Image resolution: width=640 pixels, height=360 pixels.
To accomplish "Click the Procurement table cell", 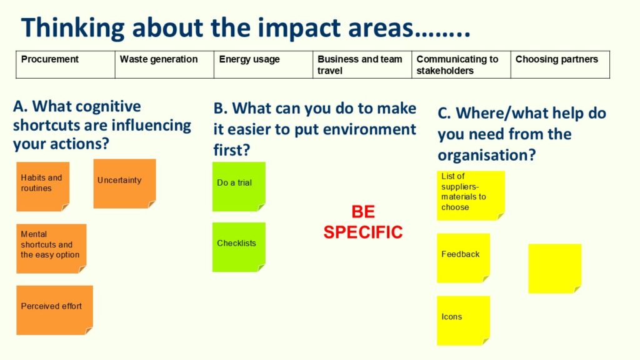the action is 65,64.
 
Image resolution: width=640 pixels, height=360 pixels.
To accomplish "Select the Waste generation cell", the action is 164,64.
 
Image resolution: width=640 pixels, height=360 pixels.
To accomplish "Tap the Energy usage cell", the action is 263,64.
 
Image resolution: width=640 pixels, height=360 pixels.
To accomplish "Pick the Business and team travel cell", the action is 362,64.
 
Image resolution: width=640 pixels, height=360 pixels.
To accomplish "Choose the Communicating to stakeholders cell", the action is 461,64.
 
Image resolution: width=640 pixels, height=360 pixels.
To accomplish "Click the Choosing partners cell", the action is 561,64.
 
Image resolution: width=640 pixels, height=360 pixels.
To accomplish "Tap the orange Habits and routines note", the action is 43,186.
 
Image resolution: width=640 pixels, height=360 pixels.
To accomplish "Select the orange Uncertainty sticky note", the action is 124,184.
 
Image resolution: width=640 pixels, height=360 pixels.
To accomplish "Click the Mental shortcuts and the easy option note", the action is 51,249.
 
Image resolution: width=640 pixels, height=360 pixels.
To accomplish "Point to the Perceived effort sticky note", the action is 55,310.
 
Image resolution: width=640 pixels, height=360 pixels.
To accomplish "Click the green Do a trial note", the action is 239,186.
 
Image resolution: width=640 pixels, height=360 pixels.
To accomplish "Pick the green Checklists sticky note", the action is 239,247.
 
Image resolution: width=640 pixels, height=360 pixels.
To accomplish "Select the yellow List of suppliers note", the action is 471,196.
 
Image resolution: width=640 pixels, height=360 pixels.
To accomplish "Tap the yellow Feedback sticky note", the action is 463,258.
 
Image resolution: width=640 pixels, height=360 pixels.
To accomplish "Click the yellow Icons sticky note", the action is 463,321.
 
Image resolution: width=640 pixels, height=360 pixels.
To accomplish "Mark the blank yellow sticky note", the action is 555,269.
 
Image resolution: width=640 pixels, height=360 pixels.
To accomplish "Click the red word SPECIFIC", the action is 363,232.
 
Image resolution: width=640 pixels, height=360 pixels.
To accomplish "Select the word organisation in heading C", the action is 486,156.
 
